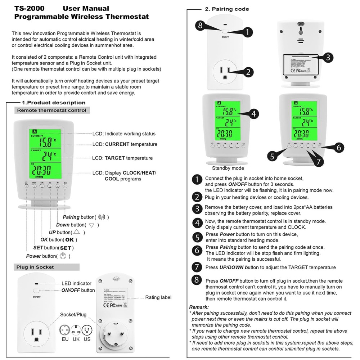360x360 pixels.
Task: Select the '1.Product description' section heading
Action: [x=54, y=103]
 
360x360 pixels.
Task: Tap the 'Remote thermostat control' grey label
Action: [x=52, y=110]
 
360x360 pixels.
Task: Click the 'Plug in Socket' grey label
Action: [x=35, y=267]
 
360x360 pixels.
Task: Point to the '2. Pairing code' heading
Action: [x=227, y=9]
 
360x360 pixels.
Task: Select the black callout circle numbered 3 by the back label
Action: [x=327, y=57]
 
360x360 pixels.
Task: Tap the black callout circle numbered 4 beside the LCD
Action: [x=253, y=114]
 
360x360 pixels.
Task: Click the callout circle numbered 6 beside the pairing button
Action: [x=338, y=147]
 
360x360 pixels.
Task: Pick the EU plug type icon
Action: [x=65, y=330]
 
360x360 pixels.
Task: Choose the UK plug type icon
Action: [x=76, y=330]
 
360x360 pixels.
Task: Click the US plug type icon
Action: [x=87, y=330]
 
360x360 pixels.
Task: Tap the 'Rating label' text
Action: [x=158, y=297]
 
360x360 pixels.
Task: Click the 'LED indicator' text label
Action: [x=76, y=283]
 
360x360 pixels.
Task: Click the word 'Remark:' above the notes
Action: [x=199, y=307]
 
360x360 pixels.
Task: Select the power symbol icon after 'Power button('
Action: [x=63, y=256]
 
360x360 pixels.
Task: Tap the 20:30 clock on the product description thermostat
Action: [x=43, y=170]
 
